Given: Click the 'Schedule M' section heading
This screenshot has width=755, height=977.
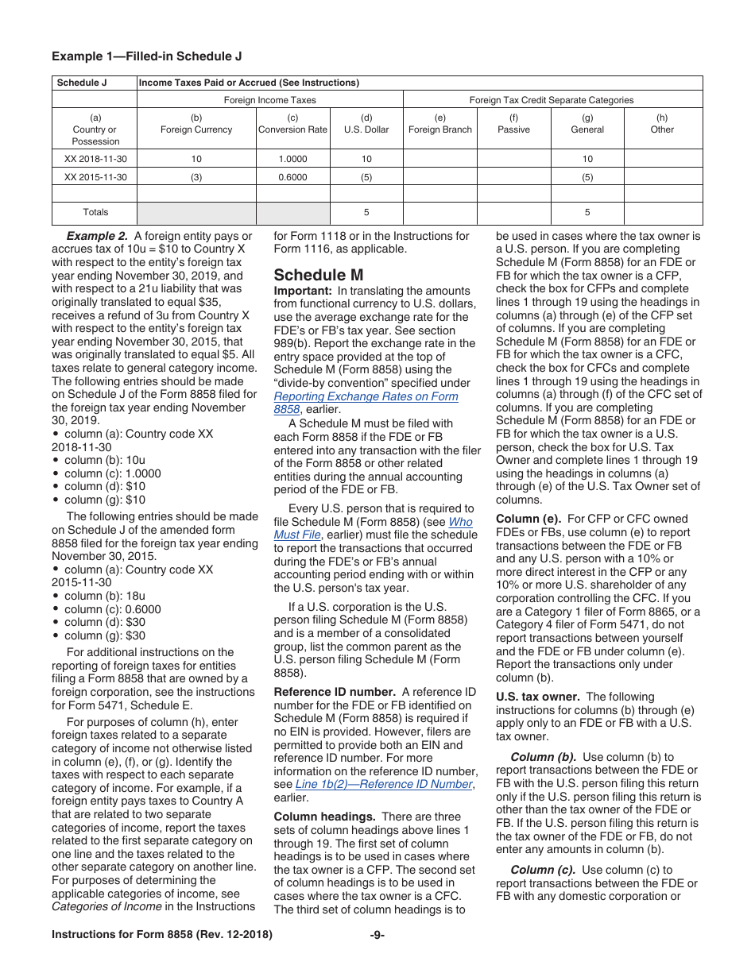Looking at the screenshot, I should coord(319,275).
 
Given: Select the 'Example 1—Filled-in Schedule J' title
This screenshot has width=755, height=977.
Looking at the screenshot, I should coord(146,56).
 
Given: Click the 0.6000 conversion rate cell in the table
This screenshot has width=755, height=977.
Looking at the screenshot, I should coord(292,177).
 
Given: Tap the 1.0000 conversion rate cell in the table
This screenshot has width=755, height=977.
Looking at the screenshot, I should coord(292,159).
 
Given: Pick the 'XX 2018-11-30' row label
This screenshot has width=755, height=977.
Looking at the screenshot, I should coord(95,159).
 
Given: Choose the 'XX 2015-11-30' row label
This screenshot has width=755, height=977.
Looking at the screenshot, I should coord(95,177).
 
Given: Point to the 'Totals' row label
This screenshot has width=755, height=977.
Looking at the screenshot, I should coord(95,212).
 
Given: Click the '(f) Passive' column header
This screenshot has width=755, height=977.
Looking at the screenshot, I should coord(513,124).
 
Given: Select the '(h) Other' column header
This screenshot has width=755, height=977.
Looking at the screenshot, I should coord(662,124).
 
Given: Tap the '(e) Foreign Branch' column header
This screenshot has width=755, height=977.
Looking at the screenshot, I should coord(440,124).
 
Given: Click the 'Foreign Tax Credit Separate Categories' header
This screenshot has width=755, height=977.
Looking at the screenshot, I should coord(552,100).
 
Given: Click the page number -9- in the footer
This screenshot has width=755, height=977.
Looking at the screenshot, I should coord(377,935).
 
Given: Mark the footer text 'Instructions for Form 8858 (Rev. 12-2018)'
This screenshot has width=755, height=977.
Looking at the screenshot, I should coord(161,935).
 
